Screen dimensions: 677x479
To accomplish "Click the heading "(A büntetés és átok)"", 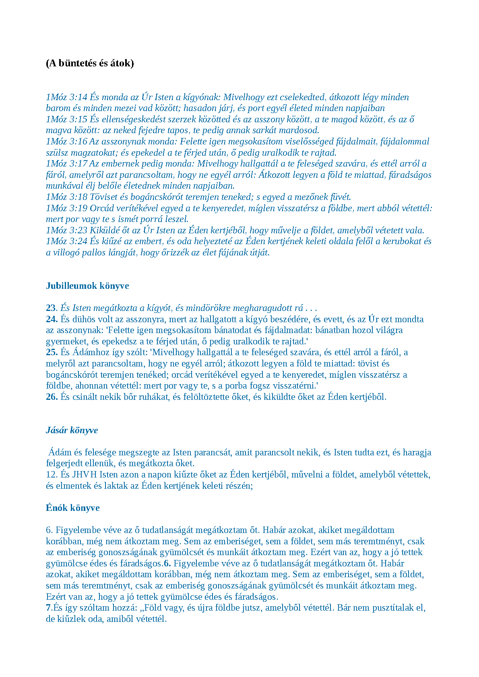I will [90, 63].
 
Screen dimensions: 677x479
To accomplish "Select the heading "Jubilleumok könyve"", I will [87, 286].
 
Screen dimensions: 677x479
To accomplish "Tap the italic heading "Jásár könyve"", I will [72, 430].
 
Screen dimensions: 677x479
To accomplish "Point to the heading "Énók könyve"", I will [72, 508].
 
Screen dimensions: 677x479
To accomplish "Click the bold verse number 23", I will [51, 308].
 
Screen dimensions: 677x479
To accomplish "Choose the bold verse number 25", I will [52, 352].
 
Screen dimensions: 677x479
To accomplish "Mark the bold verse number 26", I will [52, 397].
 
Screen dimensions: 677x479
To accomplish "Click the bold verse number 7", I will [48, 608].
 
